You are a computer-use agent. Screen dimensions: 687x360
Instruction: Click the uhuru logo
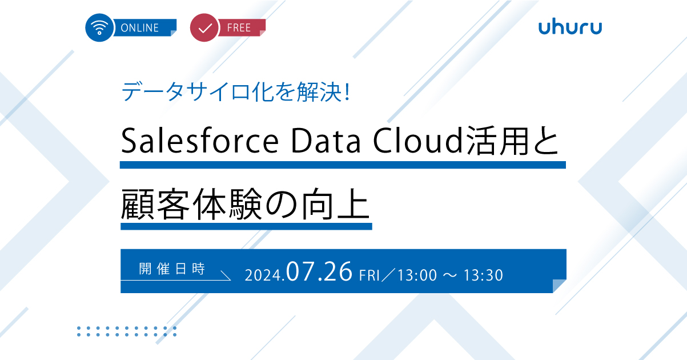coord(570,27)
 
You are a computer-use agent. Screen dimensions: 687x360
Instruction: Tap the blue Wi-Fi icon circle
coord(99,27)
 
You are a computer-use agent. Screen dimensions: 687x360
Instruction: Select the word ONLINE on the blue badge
coord(139,28)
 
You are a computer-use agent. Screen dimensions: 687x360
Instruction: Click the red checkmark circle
coord(204,27)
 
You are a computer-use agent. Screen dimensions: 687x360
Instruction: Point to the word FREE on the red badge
coord(239,28)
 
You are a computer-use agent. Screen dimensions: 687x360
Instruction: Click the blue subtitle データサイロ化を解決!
coord(236,91)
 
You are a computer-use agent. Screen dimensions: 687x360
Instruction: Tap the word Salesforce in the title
coord(200,141)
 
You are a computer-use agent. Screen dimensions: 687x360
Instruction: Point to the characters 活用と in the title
coord(512,141)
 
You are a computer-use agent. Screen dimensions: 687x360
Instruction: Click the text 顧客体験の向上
coord(245,205)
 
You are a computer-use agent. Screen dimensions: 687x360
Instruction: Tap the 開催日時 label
coord(172,269)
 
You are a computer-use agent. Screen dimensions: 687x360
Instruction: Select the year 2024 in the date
coord(263,275)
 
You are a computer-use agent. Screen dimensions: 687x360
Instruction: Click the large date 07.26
coord(319,271)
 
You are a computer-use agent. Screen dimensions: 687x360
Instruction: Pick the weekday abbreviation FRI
coord(369,275)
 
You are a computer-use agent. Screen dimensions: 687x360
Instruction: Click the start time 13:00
coord(417,275)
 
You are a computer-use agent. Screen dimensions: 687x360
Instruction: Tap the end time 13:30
coord(483,275)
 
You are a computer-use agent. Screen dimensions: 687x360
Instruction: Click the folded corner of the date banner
coord(560,286)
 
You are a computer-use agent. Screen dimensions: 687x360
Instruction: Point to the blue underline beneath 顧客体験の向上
coord(246,226)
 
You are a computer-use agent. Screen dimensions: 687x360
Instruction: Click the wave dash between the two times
coord(450,275)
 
